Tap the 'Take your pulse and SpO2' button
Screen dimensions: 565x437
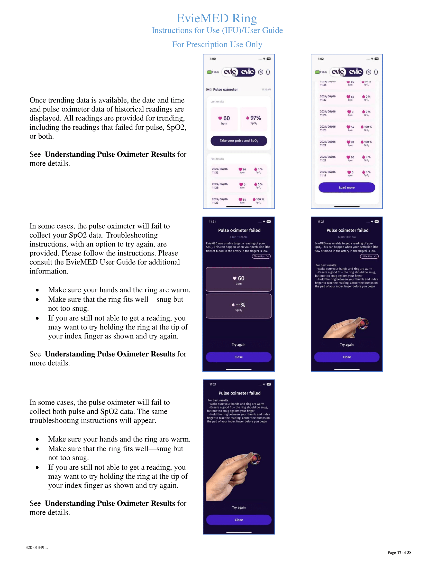[x=239, y=141]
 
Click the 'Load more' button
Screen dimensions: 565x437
[x=347, y=187]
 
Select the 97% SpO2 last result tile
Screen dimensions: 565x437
[x=253, y=119]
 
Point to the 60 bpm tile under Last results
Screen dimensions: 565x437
[x=224, y=119]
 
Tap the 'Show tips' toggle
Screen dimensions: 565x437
[x=261, y=256]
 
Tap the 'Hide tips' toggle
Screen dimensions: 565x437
[x=369, y=256]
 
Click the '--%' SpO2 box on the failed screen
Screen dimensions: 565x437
[x=239, y=306]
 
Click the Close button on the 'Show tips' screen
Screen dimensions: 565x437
[x=239, y=357]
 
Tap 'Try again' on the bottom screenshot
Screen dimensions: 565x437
[x=239, y=507]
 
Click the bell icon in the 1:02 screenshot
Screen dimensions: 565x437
[x=376, y=72]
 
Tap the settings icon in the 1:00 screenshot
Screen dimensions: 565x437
[x=260, y=72]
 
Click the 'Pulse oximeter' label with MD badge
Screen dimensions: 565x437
[x=225, y=90]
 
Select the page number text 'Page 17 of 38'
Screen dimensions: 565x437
[x=399, y=552]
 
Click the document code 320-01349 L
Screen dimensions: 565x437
[x=37, y=548]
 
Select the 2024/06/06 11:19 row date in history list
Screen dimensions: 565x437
[x=327, y=174]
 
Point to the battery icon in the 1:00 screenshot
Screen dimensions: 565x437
[x=209, y=72]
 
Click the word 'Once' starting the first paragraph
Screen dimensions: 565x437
[x=37, y=100]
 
